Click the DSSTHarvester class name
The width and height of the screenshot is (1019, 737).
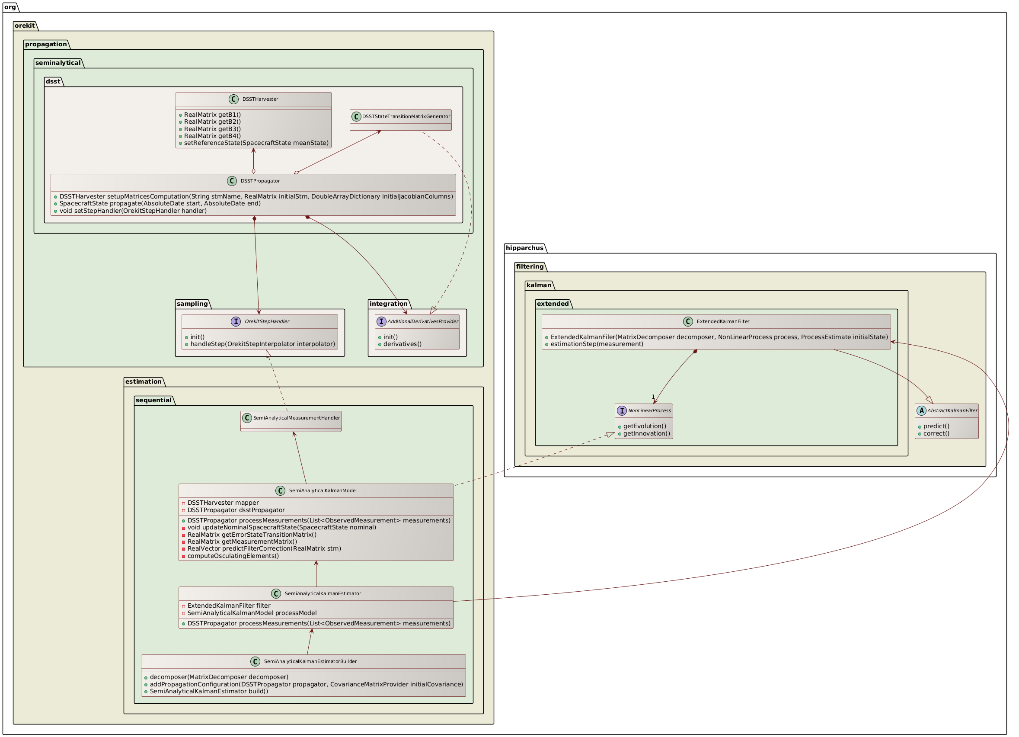[260, 99]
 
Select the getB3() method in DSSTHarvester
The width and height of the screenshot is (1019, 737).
[213, 128]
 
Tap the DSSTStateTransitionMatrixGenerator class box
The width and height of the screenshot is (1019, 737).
[400, 119]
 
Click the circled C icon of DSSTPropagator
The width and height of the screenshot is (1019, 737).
[232, 181]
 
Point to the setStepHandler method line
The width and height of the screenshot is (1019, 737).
[133, 210]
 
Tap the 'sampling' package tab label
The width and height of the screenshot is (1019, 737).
[192, 304]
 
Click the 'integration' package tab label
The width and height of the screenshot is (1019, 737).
[388, 304]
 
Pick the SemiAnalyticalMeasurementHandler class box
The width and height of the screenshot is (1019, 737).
[291, 421]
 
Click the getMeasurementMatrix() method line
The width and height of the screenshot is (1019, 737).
[242, 542]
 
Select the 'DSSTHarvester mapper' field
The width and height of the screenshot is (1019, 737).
[223, 503]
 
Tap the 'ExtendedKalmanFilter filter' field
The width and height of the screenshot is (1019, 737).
[229, 606]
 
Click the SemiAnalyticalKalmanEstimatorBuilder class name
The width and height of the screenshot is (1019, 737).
[310, 661]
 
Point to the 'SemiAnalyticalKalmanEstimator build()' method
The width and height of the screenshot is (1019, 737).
[208, 691]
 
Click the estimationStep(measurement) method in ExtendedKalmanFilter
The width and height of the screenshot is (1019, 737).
[597, 344]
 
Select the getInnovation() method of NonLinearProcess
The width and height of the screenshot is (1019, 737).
[646, 433]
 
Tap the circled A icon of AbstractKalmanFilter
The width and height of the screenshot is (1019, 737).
[921, 410]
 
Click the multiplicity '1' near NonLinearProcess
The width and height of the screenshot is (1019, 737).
[653, 396]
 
